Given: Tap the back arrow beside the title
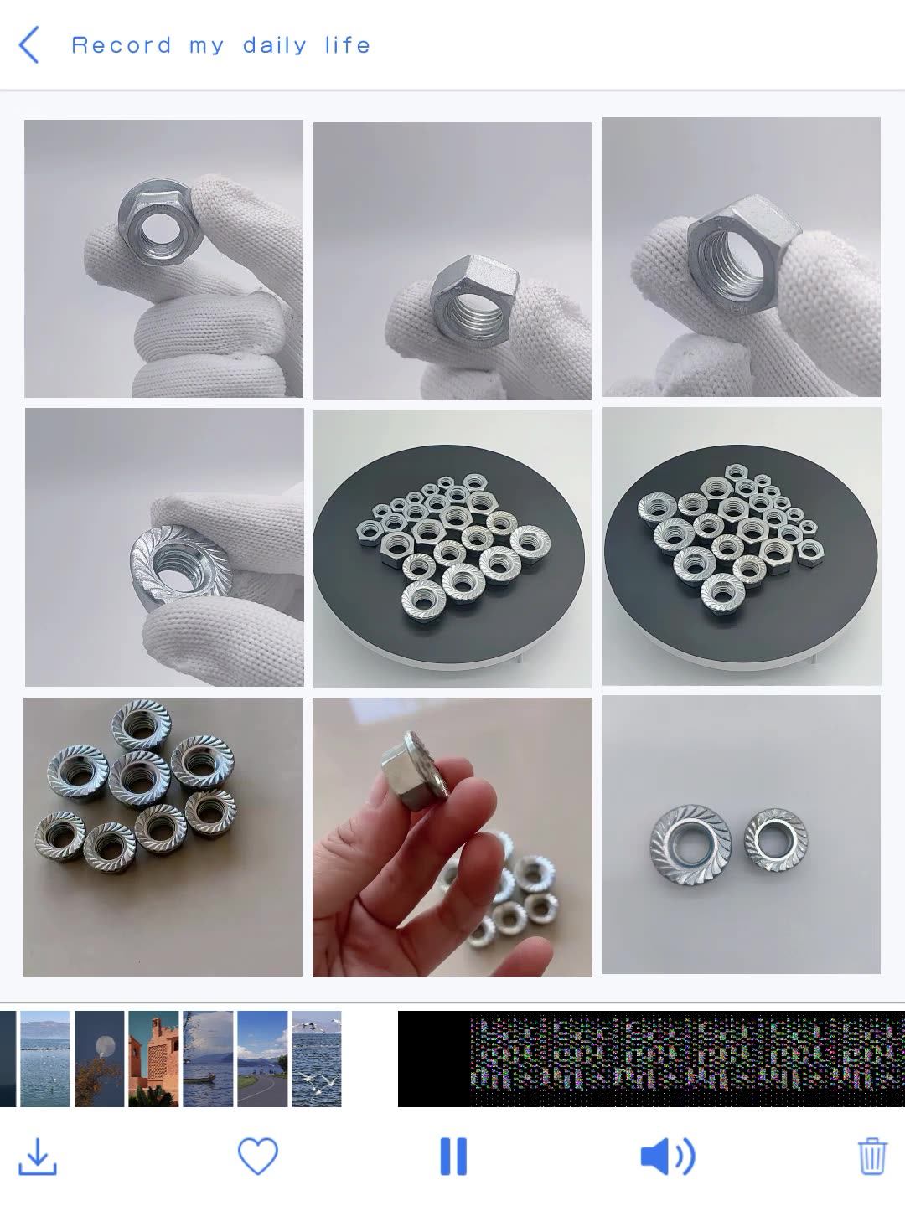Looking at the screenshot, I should click(28, 45).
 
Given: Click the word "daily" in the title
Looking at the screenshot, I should click(275, 45).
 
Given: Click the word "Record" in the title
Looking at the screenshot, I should click(122, 45).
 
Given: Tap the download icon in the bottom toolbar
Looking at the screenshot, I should click(38, 1157).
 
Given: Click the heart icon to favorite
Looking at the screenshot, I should click(257, 1157).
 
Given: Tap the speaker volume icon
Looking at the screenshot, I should click(667, 1157).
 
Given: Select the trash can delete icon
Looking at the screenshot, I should click(871, 1157).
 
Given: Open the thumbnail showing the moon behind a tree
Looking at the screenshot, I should click(100, 1059).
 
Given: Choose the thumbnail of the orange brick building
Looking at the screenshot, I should click(153, 1059).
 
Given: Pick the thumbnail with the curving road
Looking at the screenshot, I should click(262, 1059).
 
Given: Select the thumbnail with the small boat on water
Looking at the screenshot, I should click(208, 1059).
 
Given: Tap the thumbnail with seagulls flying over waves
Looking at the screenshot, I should click(317, 1059).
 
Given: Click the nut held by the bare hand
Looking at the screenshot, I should click(414, 770).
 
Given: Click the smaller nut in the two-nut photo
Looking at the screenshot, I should click(775, 839).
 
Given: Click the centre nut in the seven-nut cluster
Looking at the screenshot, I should click(138, 776).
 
